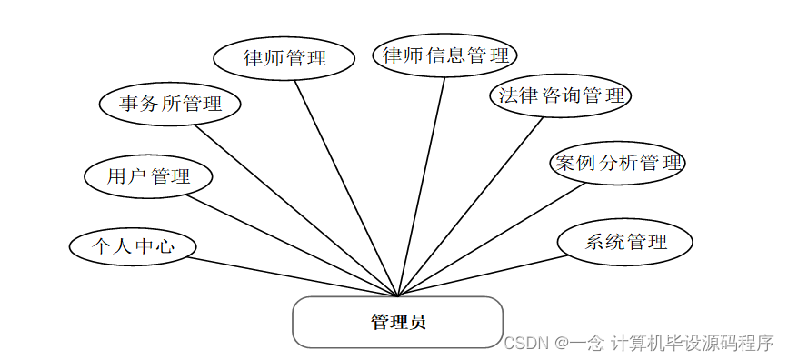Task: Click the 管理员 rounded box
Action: pyautogui.click(x=397, y=322)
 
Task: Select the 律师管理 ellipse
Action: pyautogui.click(x=284, y=58)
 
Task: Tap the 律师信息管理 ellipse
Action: pyautogui.click(x=445, y=55)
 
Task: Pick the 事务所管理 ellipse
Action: pyautogui.click(x=170, y=104)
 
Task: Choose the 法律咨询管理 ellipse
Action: pyautogui.click(x=560, y=95)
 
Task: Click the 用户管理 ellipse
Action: pyautogui.click(x=148, y=176)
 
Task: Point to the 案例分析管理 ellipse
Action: pyautogui.click(x=618, y=164)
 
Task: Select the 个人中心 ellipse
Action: pyautogui.click(x=133, y=245)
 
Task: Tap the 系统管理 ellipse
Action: pyautogui.click(x=625, y=242)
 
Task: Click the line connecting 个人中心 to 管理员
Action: pyautogui.click(x=291, y=276)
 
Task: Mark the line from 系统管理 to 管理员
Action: pyautogui.click(x=482, y=275)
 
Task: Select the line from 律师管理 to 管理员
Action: pyautogui.click(x=346, y=187)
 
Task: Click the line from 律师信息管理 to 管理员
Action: pyautogui.click(x=422, y=186)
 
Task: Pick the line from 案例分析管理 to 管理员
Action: pyautogui.click(x=491, y=240)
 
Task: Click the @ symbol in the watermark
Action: pyautogui.click(x=563, y=344)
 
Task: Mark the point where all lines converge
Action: pyautogui.click(x=398, y=295)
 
